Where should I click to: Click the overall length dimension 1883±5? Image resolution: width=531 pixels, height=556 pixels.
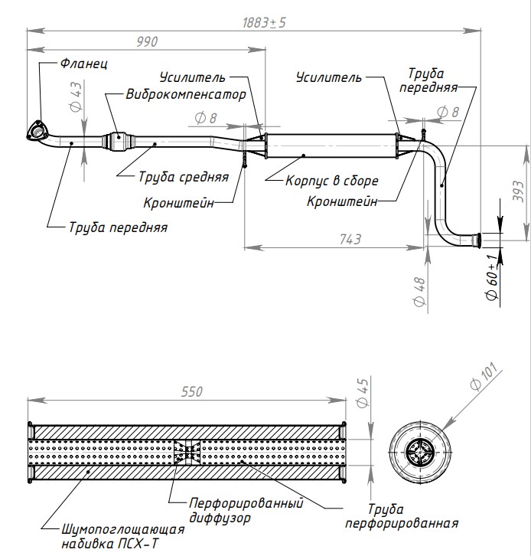264,22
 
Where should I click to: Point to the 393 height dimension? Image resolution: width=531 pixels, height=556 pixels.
517,187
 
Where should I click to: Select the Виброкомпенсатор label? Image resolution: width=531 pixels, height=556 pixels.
187,95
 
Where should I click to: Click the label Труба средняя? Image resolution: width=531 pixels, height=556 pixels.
184,176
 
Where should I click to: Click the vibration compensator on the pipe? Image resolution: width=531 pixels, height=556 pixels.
120,141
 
